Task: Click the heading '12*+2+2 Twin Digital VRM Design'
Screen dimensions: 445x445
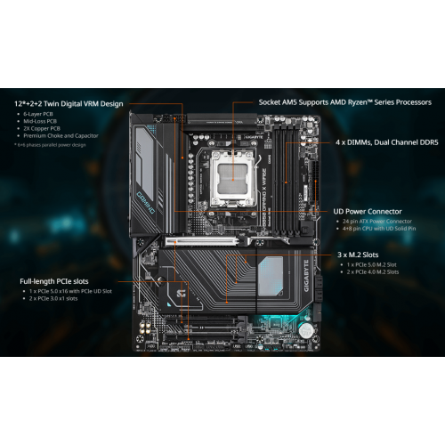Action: coord(69,103)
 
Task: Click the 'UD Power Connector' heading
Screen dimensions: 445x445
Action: coord(372,211)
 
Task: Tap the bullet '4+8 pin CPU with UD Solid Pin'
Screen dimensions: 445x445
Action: coord(384,228)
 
